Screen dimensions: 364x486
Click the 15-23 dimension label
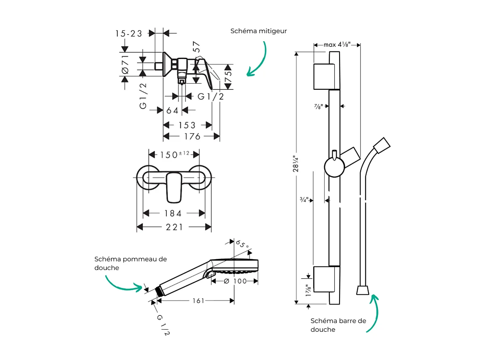pyautogui.click(x=129, y=34)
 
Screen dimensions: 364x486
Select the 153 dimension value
pyautogui.click(x=187, y=125)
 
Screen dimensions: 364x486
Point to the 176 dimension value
pyautogui.click(x=192, y=137)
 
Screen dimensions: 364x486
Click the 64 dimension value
pyautogui.click(x=172, y=110)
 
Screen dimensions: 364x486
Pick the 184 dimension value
pyautogui.click(x=173, y=213)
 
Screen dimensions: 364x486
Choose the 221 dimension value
pyautogui.click(x=174, y=227)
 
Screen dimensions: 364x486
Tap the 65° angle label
pyautogui.click(x=242, y=245)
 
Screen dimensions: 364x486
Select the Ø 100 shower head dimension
pyautogui.click(x=235, y=281)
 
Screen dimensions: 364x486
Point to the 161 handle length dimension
pyautogui.click(x=198, y=301)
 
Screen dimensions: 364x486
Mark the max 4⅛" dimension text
pyautogui.click(x=337, y=44)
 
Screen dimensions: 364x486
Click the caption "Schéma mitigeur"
pyautogui.click(x=259, y=31)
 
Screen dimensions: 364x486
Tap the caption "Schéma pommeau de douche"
pyautogui.click(x=130, y=263)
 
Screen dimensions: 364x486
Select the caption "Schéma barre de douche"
pyautogui.click(x=338, y=325)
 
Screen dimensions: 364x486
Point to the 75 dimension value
pyautogui.click(x=229, y=77)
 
